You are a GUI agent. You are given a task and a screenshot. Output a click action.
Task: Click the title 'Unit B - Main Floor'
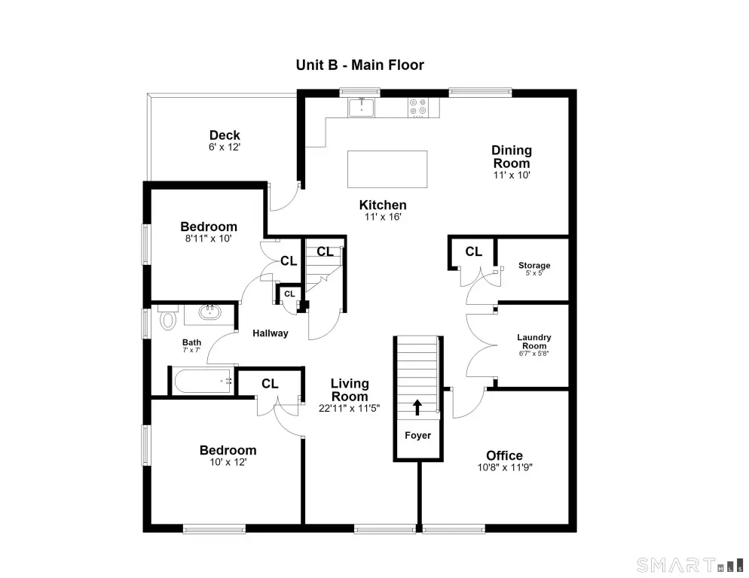(359, 65)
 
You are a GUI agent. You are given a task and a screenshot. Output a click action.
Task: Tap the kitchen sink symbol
(361, 107)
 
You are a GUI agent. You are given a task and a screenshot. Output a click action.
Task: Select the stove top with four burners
(418, 108)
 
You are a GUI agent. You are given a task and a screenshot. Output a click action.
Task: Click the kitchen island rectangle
(387, 169)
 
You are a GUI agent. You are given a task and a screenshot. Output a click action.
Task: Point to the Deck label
(225, 135)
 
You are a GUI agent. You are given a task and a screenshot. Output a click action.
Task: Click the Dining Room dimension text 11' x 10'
(512, 175)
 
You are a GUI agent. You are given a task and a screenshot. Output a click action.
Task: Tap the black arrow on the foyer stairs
(417, 407)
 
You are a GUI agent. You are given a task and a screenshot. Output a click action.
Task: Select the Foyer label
(418, 435)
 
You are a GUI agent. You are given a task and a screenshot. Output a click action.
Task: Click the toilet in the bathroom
(168, 320)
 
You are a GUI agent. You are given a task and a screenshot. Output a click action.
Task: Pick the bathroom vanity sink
(209, 312)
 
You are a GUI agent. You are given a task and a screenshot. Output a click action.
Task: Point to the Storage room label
(534, 266)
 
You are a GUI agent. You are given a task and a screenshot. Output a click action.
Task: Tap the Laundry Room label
(534, 341)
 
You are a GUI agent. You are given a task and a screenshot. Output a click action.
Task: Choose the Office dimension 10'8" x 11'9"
(505, 467)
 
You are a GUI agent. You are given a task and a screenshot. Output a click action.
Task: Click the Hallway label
(271, 333)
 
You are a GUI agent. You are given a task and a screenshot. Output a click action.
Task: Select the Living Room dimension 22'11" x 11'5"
(349, 408)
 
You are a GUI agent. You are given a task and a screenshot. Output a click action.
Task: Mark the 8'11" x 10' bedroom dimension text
(208, 238)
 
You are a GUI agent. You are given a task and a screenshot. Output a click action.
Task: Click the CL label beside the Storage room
(473, 251)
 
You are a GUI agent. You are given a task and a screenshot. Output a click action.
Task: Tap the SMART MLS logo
(690, 565)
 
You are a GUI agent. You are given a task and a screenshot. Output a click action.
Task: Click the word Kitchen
(383, 205)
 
